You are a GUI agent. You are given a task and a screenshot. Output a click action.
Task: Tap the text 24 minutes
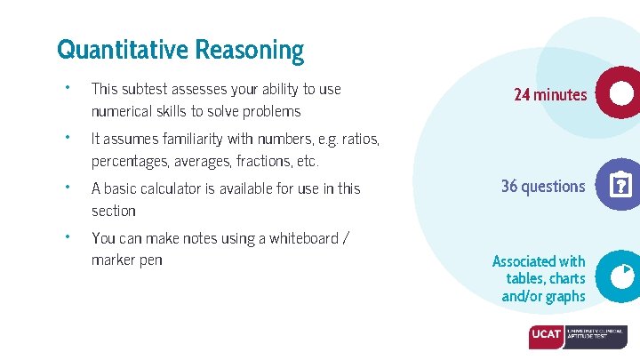[550, 94]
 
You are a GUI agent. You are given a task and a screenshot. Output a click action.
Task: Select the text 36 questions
[543, 186]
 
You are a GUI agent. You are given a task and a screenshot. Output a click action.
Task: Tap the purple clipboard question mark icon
[619, 186]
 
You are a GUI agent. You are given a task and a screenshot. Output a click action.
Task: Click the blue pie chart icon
[619, 276]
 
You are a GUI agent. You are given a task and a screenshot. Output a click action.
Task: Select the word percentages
[129, 161]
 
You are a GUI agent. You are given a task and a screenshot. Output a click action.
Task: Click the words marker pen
[126, 260]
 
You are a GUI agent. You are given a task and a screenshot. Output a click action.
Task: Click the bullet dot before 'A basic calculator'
[67, 187]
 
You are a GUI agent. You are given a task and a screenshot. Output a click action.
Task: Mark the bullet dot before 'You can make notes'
[67, 236]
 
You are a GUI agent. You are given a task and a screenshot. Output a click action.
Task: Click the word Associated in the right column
[525, 261]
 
